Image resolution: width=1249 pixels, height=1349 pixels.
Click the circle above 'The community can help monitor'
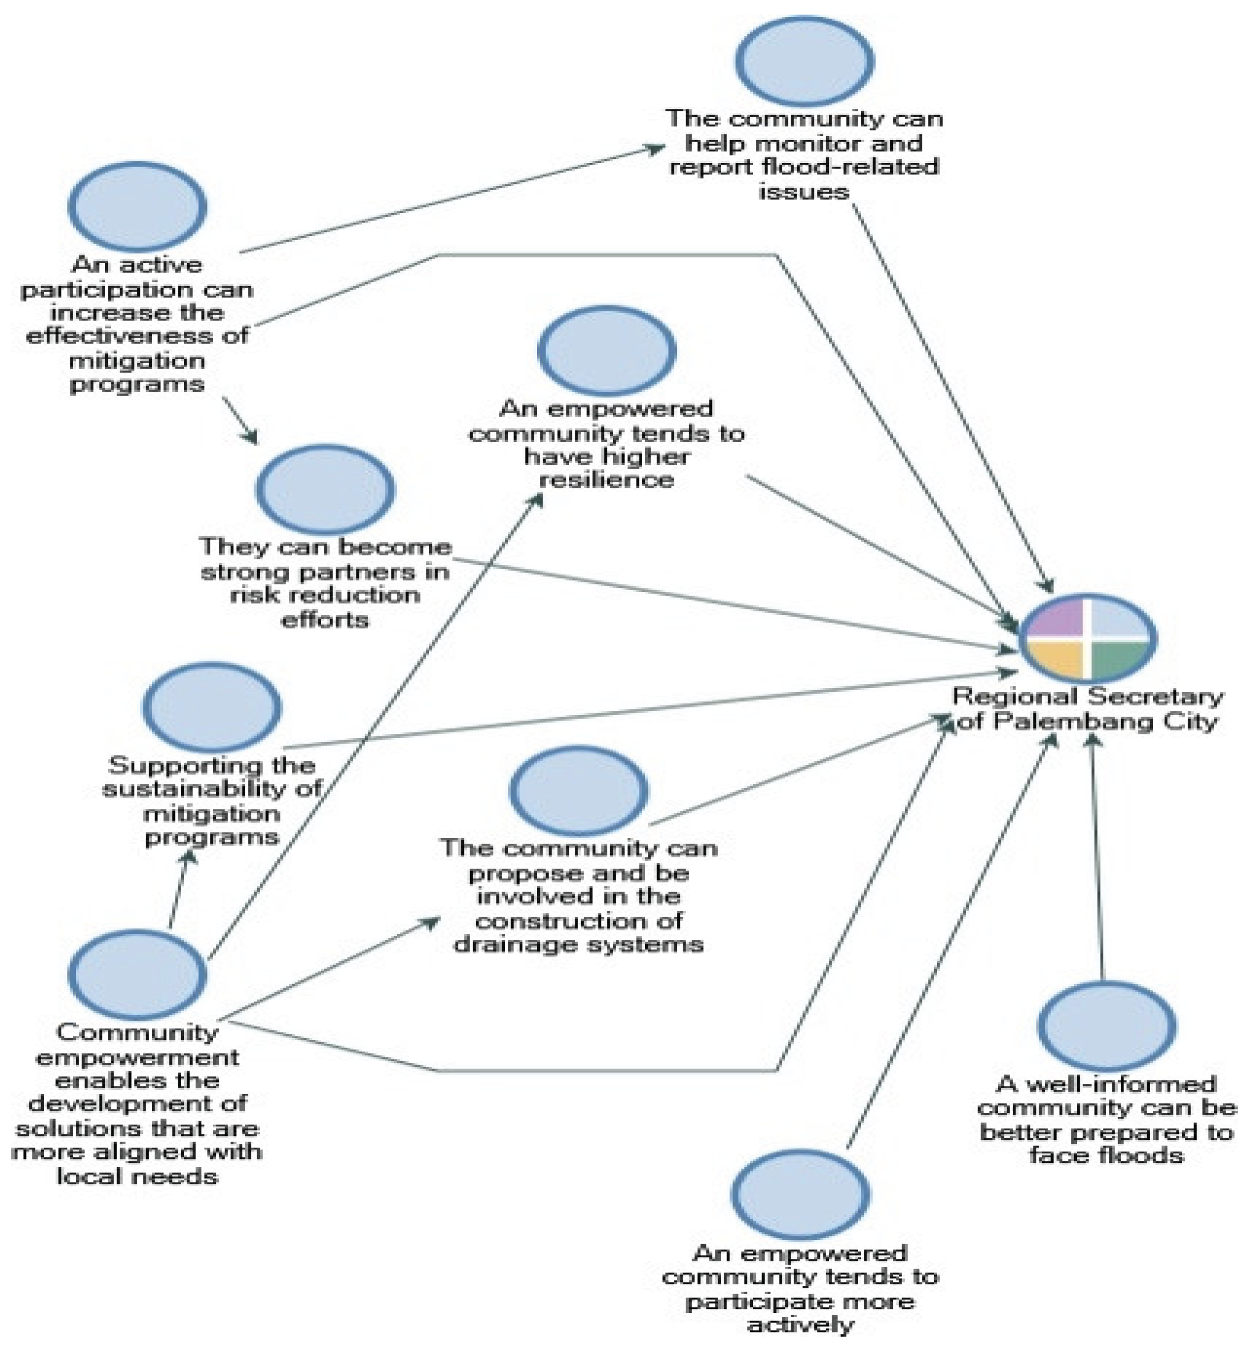(x=804, y=61)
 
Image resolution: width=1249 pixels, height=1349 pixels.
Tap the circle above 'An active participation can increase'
(x=137, y=206)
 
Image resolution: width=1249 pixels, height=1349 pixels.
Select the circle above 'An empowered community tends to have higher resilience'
(x=607, y=350)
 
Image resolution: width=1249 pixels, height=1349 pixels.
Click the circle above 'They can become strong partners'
(x=325, y=488)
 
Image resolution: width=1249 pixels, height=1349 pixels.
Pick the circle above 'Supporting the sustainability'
(x=211, y=707)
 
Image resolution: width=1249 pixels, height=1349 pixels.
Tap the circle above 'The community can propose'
(x=579, y=790)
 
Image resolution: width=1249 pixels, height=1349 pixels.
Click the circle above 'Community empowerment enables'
(x=137, y=974)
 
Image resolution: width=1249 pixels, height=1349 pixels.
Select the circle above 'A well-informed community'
(x=1106, y=1025)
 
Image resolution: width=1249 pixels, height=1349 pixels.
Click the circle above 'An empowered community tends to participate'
(x=800, y=1194)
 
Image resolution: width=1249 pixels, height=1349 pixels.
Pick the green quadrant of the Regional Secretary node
(x=1118, y=659)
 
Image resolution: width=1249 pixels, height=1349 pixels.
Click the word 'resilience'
(x=607, y=479)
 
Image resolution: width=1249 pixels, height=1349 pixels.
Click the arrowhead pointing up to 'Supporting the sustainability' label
(x=190, y=857)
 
